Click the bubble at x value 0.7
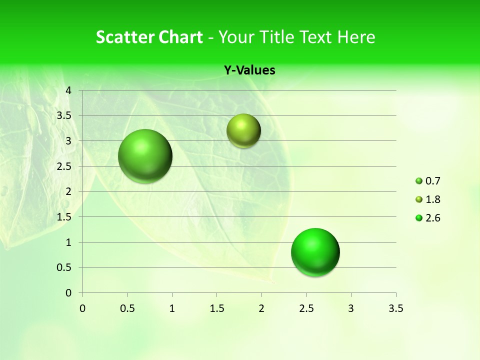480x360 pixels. (145, 156)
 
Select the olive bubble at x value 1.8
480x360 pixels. (243, 130)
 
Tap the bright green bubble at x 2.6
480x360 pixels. (315, 252)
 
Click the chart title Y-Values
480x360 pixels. (249, 70)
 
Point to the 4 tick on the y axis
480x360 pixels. (68, 90)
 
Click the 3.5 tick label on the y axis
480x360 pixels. (64, 115)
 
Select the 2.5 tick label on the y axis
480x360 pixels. (64, 166)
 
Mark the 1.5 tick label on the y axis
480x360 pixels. (64, 217)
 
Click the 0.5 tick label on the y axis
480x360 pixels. (64, 267)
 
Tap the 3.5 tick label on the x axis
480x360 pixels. (395, 308)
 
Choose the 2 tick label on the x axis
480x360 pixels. (261, 308)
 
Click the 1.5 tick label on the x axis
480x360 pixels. (216, 308)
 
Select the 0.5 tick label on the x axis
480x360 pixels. (127, 308)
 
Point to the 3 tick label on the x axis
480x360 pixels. (351, 308)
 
